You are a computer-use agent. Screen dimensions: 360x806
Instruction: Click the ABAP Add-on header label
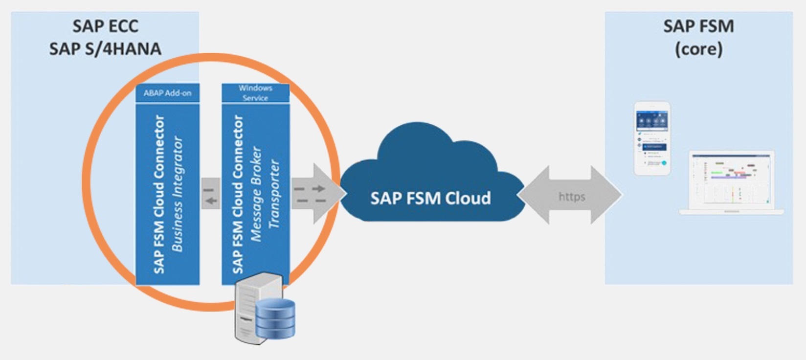pyautogui.click(x=167, y=93)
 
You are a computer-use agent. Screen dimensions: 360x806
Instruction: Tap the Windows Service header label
pyautogui.click(x=255, y=93)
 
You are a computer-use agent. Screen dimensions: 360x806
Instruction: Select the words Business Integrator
pyautogui.click(x=177, y=194)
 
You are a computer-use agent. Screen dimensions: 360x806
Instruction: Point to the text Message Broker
pyautogui.click(x=256, y=194)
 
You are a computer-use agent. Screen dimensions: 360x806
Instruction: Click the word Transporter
pyautogui.click(x=274, y=194)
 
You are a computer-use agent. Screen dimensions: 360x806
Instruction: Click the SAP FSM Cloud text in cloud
pyautogui.click(x=430, y=198)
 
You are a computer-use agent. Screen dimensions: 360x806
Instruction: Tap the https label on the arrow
pyautogui.click(x=572, y=197)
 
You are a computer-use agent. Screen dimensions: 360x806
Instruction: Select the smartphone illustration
pyautogui.click(x=652, y=138)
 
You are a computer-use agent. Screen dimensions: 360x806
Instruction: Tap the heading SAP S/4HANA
pyautogui.click(x=105, y=49)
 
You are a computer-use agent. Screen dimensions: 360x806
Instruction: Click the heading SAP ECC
pyautogui.click(x=105, y=26)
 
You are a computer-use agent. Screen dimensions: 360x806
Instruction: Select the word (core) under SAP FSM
pyautogui.click(x=698, y=49)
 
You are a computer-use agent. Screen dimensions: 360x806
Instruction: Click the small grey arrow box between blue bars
pyautogui.click(x=211, y=194)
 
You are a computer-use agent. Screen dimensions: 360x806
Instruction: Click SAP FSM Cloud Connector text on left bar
pyautogui.click(x=159, y=194)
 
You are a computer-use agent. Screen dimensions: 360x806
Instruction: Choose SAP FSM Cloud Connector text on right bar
pyautogui.click(x=238, y=194)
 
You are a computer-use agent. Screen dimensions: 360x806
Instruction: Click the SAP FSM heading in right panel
pyautogui.click(x=698, y=26)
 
